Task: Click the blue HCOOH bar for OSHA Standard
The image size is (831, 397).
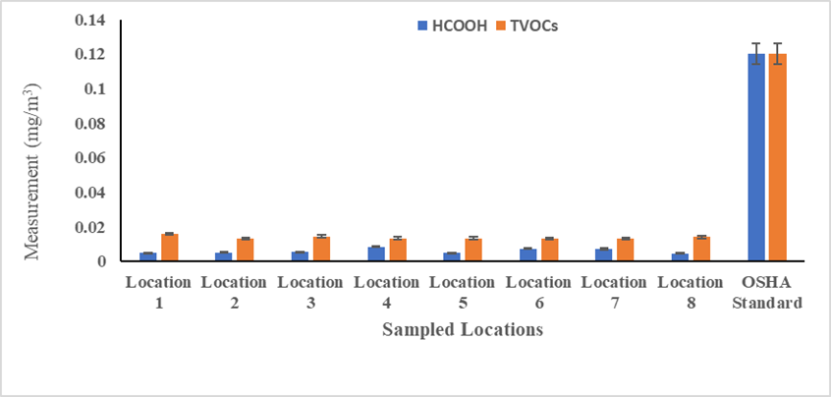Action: click(756, 157)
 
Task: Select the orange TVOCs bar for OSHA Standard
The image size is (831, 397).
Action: click(777, 157)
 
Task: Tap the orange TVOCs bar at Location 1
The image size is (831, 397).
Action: click(169, 248)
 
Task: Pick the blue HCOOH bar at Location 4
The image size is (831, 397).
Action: click(376, 254)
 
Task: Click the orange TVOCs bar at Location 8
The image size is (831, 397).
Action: click(700, 249)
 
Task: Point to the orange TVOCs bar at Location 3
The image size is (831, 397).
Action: click(321, 249)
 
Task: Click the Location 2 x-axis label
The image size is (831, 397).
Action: click(234, 292)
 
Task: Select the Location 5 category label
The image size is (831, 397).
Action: click(462, 292)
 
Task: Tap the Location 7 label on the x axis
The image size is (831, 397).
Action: click(614, 292)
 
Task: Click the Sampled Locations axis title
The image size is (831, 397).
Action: click(462, 330)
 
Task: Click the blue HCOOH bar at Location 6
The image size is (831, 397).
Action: click(528, 255)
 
